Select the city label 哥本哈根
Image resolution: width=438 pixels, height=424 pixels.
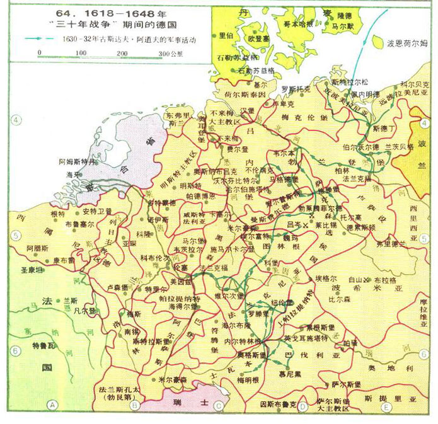pos(298,23)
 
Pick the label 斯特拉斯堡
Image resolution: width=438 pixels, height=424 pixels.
pos(149,341)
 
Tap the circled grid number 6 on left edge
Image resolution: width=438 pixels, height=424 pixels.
pos(15,352)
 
